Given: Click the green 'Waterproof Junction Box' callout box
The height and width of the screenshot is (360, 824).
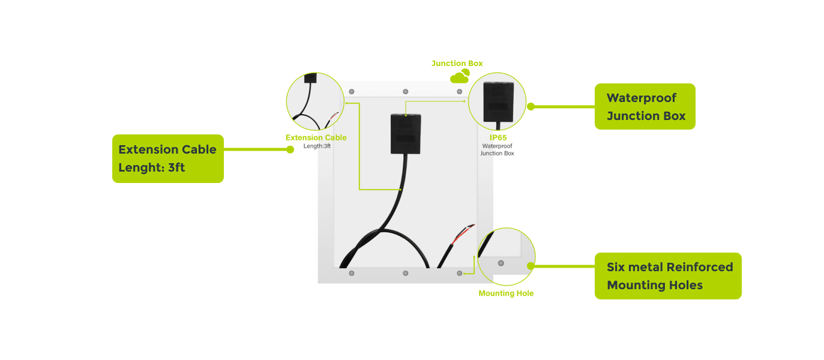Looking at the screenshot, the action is (x=645, y=106).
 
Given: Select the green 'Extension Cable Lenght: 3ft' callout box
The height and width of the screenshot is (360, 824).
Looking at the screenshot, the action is (x=167, y=158).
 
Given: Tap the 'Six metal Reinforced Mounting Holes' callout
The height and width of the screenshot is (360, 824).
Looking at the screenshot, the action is (x=667, y=276).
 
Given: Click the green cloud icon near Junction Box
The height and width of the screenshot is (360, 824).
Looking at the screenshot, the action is (x=460, y=76).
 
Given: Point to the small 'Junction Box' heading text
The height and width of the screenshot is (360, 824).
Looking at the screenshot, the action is (x=457, y=63).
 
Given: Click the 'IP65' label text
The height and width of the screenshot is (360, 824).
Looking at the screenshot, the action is (x=498, y=137).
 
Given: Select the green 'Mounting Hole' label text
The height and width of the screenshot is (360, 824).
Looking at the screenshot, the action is (x=505, y=293).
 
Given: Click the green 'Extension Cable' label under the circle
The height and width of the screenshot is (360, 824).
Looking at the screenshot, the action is (x=316, y=137).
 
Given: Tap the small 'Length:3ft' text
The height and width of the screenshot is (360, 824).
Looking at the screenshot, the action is (x=316, y=146).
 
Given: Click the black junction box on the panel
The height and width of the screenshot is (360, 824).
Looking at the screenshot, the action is (x=406, y=133).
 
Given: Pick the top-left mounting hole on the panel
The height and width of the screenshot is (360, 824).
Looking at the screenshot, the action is (x=352, y=91).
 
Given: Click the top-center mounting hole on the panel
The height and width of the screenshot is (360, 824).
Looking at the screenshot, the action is (x=406, y=91).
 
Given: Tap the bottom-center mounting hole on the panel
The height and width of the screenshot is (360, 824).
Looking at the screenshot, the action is (x=406, y=273).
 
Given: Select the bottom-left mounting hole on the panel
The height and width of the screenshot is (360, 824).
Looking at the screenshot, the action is (x=352, y=273).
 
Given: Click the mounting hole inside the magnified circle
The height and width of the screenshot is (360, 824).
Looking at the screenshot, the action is (x=501, y=263).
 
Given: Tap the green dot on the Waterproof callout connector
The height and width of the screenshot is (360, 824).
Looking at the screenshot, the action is (x=531, y=106).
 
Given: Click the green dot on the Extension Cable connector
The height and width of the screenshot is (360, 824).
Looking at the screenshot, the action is (x=290, y=149).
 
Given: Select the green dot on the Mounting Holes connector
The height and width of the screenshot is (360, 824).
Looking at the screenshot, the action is (x=531, y=265).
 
